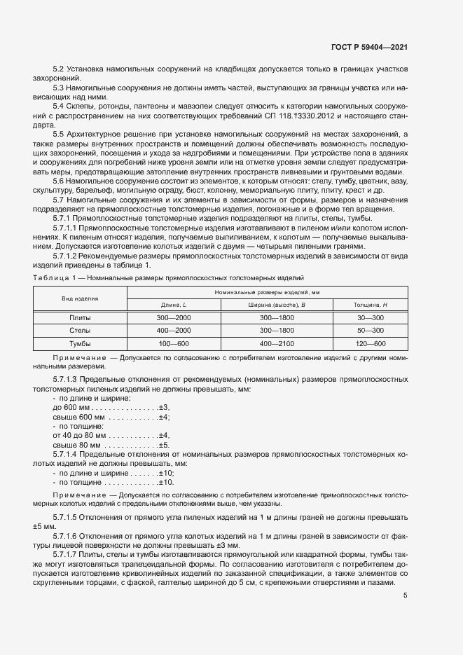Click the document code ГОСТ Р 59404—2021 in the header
click(368, 47)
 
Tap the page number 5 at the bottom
click(406, 595)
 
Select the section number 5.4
click(59, 105)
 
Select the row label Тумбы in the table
click(80, 343)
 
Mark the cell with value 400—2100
click(277, 343)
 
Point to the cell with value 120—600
click(370, 343)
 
